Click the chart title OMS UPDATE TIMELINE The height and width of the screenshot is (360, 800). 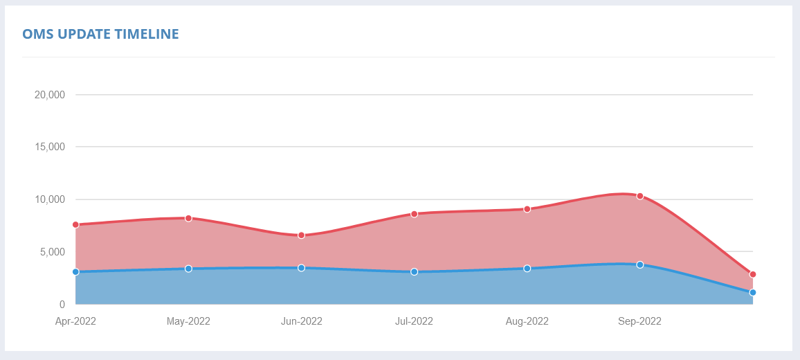[100, 34]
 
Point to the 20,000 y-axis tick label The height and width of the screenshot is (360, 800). [49, 95]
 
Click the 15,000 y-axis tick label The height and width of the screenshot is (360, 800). [49, 147]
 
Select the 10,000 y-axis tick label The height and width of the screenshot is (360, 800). [49, 199]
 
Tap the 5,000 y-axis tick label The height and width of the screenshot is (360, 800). [51, 252]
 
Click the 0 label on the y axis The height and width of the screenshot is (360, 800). [62, 305]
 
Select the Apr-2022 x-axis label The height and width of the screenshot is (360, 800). [75, 321]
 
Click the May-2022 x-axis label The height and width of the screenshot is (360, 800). [188, 321]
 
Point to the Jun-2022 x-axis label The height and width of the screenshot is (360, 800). [301, 321]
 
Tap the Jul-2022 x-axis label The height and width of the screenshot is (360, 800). [414, 321]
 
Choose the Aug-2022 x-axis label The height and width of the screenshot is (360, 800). [527, 321]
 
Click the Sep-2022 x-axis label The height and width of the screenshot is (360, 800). [639, 321]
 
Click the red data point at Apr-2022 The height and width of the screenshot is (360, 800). [75, 225]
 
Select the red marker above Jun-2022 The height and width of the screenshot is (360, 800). [301, 235]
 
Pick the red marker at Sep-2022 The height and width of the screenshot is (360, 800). [640, 196]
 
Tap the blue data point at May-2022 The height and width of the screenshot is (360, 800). [188, 269]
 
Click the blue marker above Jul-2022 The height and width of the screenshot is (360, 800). [414, 272]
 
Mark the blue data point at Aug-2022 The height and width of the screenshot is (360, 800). [527, 269]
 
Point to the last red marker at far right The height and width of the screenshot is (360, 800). [752, 274]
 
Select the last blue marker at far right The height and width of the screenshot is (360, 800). [752, 293]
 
